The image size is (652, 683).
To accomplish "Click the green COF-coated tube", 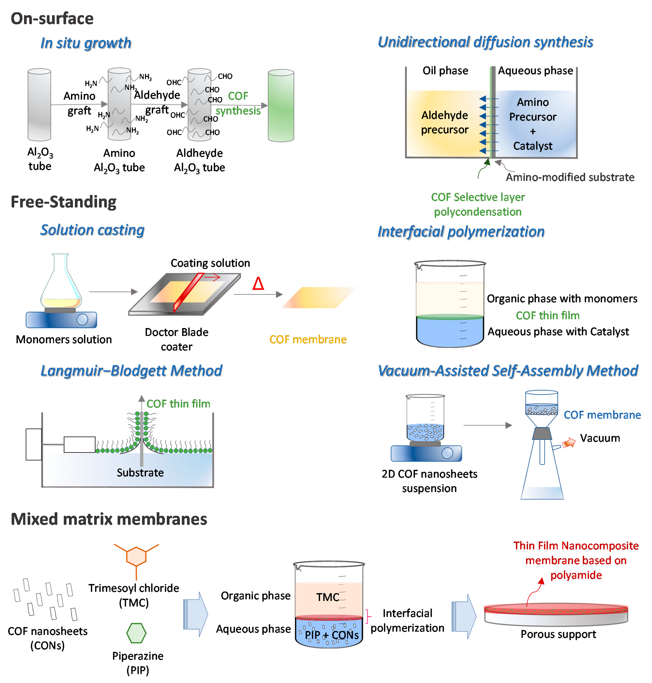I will pos(281,105).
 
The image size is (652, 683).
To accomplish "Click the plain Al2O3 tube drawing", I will pos(39,104).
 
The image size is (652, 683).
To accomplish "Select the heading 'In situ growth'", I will pos(86,43).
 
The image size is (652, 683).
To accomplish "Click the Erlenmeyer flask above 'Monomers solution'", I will pos(61,282).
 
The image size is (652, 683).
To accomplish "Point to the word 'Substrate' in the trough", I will pos(140,473).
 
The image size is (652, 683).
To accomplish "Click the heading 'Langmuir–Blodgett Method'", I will pos(131,371).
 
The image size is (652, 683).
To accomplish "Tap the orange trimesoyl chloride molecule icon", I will pos(136,557).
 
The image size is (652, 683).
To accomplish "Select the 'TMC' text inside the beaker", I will pos(327,597).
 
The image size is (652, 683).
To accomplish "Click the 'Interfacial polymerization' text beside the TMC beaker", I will pos(407,620).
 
